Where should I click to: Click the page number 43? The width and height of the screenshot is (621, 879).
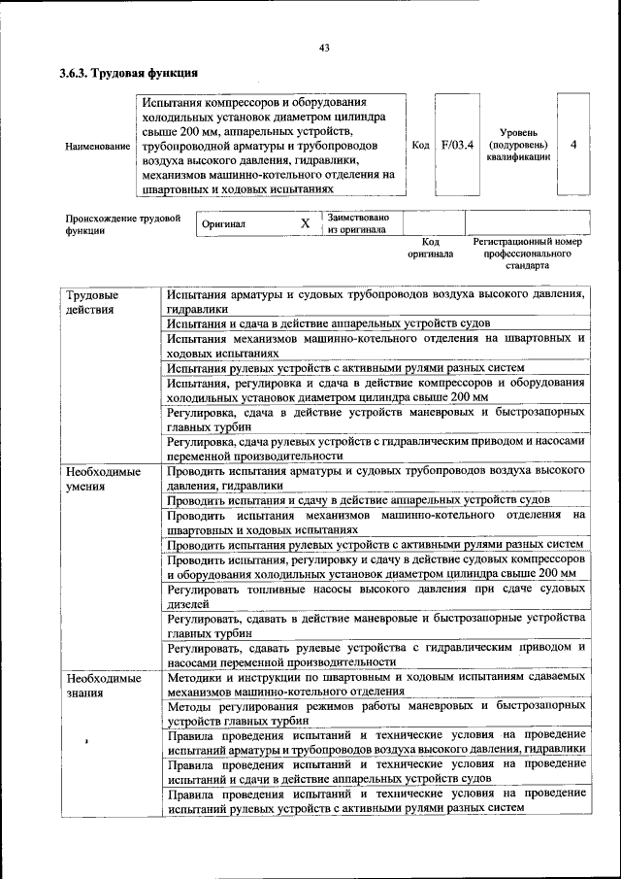pos(324,49)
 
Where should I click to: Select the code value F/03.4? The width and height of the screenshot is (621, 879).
pos(457,145)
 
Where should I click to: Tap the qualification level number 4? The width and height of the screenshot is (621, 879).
pos(573,145)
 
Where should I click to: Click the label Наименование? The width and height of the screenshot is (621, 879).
pos(97,146)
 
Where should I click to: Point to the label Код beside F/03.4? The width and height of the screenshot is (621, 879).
pos(420,145)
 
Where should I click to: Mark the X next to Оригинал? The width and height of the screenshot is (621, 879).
pos(305,223)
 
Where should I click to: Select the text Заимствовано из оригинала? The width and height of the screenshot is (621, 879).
pos(358,223)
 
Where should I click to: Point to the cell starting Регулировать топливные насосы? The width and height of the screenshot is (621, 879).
pos(375,595)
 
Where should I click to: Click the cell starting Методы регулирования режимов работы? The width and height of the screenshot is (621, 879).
pos(375,714)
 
